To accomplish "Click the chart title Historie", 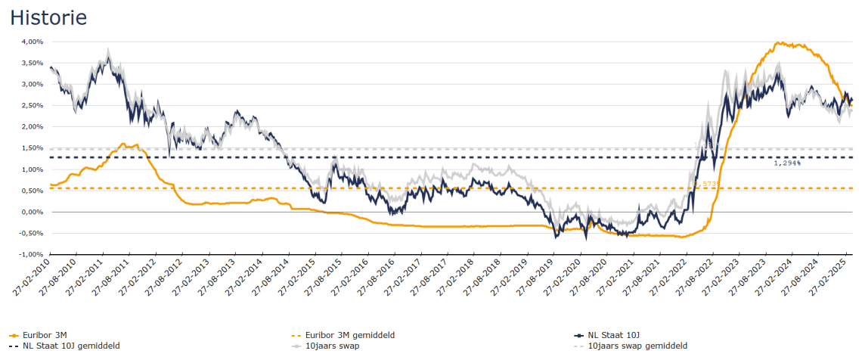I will (x=48, y=17).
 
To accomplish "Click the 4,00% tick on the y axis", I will (x=32, y=42).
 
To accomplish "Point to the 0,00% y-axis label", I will (x=32, y=213).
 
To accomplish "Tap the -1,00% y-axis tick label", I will (x=30, y=255).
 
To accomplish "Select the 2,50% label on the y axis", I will (x=32, y=106).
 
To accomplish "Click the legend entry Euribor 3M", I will (x=45, y=335).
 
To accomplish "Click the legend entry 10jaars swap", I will (x=332, y=346).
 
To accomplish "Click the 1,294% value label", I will (x=787, y=163).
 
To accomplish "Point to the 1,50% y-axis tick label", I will (x=32, y=149).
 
